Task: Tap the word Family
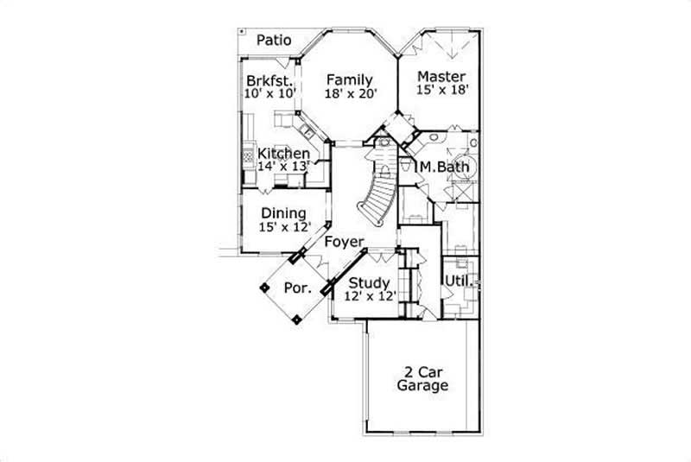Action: coord(349,80)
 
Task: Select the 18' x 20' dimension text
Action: coord(352,95)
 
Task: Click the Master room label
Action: coord(441,76)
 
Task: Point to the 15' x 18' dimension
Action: coord(442,90)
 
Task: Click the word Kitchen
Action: coord(283,154)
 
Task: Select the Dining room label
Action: coord(283,213)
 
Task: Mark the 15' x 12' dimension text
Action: coord(283,227)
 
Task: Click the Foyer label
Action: coord(344,243)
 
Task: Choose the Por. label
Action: coord(297,288)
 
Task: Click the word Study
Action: coord(369,283)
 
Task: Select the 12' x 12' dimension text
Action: coord(369,296)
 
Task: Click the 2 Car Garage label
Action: coord(422,379)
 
